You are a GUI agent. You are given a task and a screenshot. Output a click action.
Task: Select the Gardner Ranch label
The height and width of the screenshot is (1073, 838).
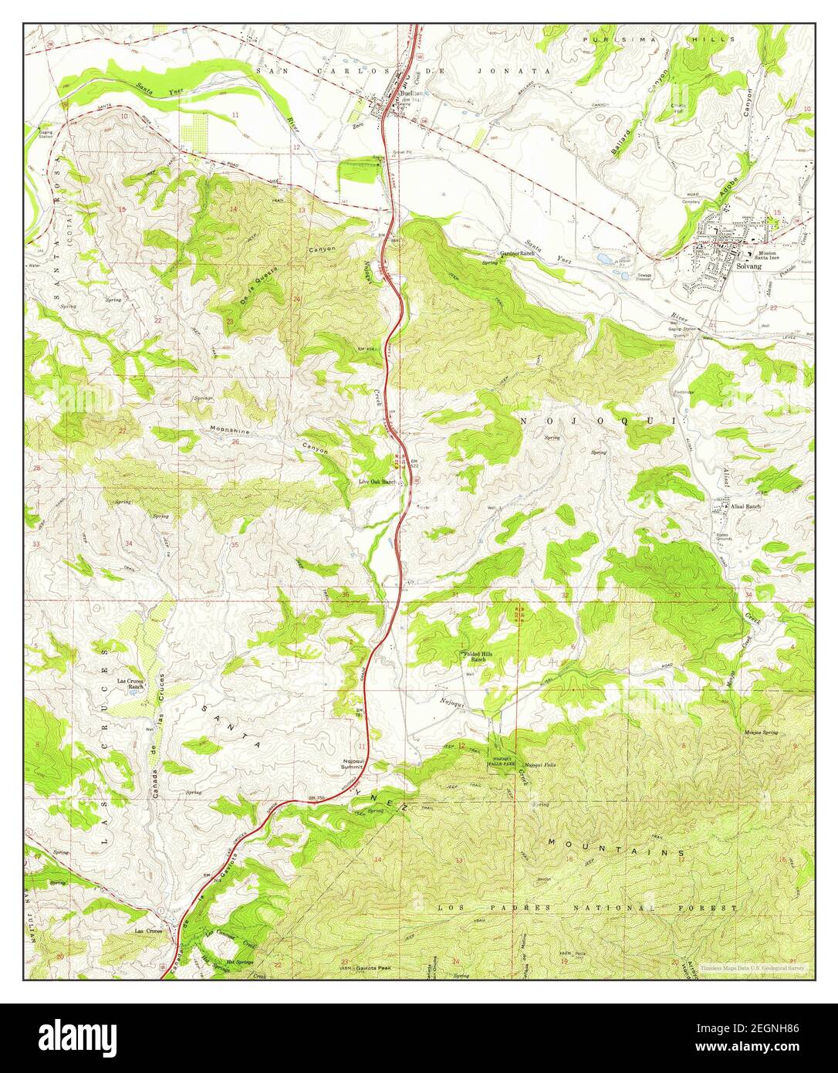tap(517, 253)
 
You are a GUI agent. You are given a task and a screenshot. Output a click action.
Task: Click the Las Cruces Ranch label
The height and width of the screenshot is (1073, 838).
tap(131, 683)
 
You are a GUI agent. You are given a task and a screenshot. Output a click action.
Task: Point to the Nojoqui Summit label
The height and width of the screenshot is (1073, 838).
tap(353, 764)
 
